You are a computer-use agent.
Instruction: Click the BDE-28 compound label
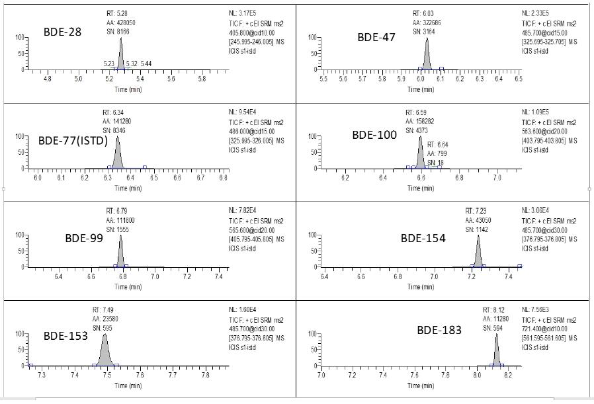(63, 32)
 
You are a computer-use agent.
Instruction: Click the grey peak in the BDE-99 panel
(120, 255)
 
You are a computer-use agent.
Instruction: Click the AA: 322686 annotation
(427, 22)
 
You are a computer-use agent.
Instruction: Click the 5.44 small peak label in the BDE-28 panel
(146, 63)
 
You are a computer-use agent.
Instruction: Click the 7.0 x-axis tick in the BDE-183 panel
(321, 376)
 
